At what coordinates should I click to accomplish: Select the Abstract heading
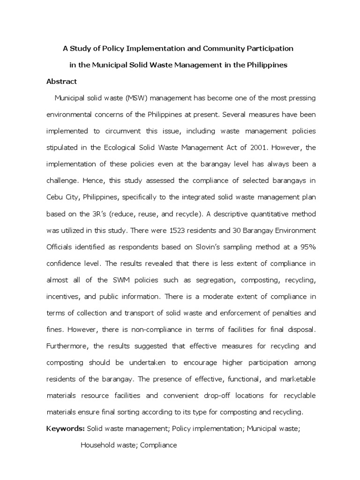tap(61, 81)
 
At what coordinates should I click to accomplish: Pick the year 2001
tap(249, 147)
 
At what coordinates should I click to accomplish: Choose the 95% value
tap(307, 247)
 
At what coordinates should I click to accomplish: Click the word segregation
tap(215, 280)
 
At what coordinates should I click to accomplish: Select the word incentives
tap(64, 297)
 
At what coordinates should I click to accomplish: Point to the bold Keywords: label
tap(65, 429)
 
